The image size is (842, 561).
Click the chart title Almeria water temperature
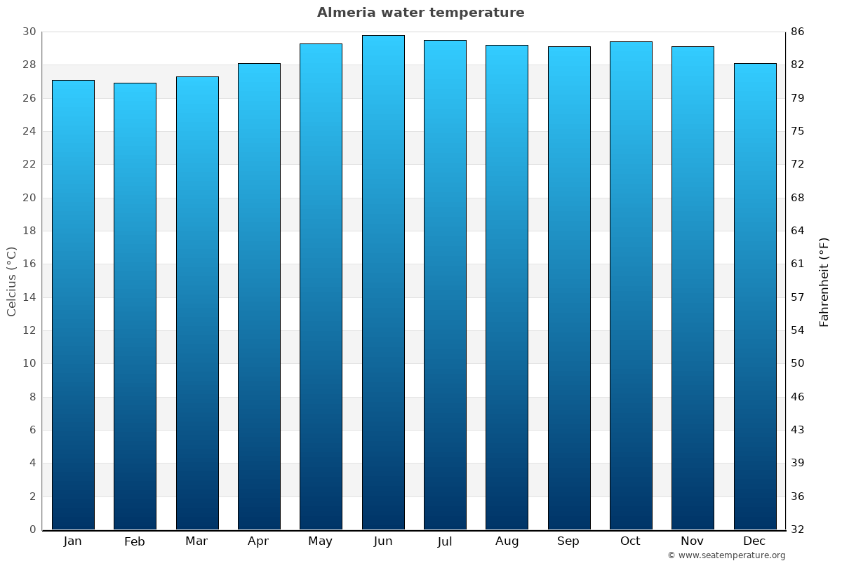420,13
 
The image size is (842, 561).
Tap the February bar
135,306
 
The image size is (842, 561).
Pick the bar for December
755,297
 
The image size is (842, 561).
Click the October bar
631,285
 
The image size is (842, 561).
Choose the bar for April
259,297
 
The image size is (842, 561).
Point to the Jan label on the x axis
73,541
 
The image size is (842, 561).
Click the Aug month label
507,541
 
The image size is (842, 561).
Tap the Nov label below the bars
693,541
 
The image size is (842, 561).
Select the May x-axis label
321,541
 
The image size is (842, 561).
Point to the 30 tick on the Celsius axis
29,32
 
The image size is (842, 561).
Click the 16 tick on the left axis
29,264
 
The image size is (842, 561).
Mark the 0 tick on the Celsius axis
32,529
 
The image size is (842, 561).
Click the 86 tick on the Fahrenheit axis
798,32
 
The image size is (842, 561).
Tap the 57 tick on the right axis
798,297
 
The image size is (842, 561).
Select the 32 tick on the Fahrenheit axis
798,529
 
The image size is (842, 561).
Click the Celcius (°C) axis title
12,281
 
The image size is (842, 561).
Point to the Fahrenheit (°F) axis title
824,281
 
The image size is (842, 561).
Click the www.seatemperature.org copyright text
726,555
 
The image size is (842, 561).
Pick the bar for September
569,288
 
